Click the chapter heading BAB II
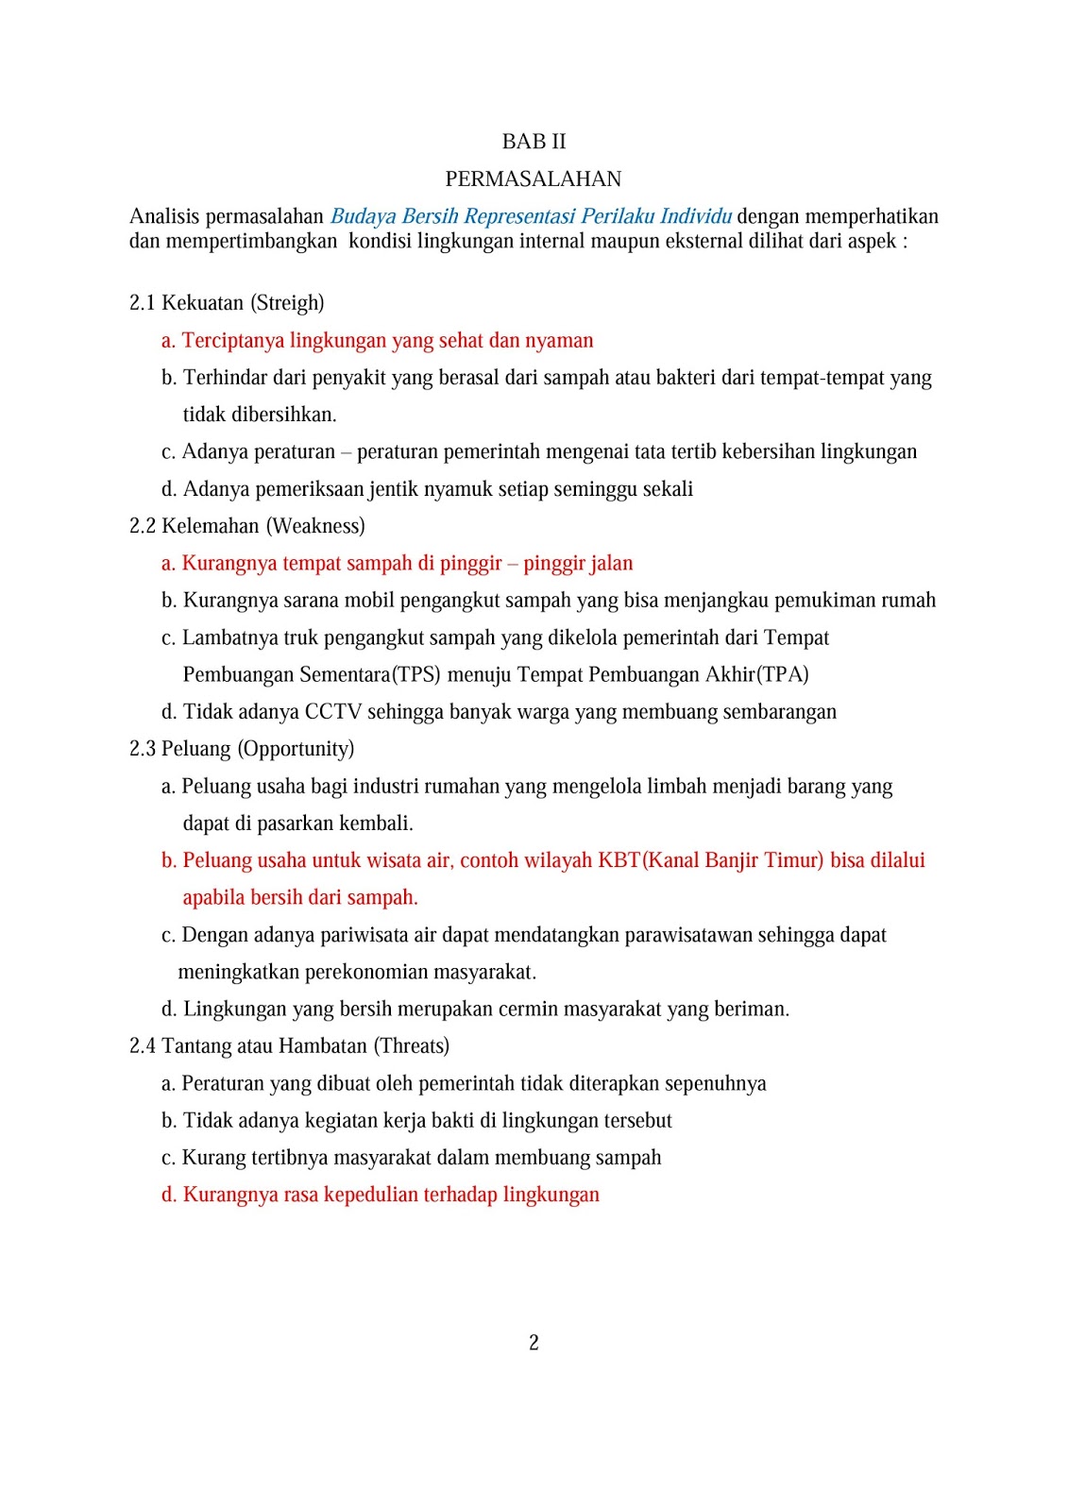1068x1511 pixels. (x=534, y=142)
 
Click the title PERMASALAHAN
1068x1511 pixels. (x=534, y=179)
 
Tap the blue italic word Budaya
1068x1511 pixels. (x=364, y=217)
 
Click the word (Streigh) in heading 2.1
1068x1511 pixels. (x=287, y=303)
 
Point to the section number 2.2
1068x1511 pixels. (x=143, y=526)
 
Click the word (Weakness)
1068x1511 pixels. (x=315, y=526)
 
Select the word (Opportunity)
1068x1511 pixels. (x=296, y=749)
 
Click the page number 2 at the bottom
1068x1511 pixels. (x=534, y=1343)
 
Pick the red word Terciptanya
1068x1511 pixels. (x=232, y=341)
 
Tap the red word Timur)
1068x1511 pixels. (x=793, y=860)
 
